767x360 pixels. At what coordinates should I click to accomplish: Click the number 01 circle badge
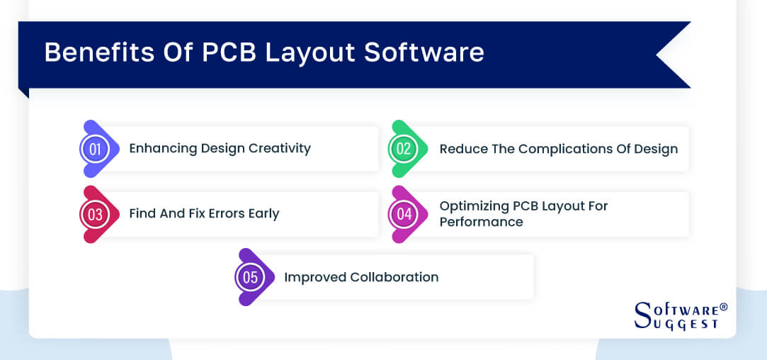pyautogui.click(x=95, y=149)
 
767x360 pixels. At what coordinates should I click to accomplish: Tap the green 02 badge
pyautogui.click(x=404, y=149)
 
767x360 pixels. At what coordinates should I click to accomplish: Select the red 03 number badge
pyautogui.click(x=95, y=214)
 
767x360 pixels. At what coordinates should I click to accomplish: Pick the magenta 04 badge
pyautogui.click(x=404, y=214)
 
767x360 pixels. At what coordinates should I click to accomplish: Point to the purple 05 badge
pyautogui.click(x=250, y=277)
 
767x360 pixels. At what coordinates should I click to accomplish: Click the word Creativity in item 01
pyautogui.click(x=277, y=148)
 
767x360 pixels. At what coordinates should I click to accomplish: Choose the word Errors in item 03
pyautogui.click(x=220, y=213)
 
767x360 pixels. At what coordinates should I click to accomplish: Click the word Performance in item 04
pyautogui.click(x=481, y=222)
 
